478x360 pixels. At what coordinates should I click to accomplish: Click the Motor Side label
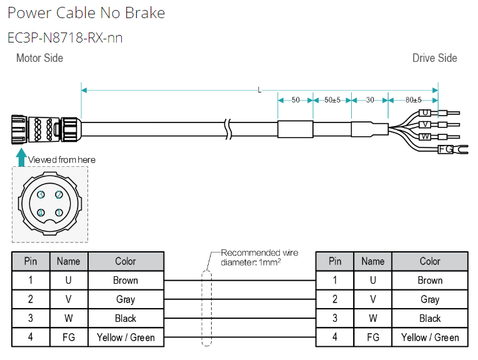(39, 58)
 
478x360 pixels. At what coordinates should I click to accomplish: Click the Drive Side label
(434, 58)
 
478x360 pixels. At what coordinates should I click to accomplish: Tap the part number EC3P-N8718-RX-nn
(65, 37)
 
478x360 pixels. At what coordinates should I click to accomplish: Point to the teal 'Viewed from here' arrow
(21, 157)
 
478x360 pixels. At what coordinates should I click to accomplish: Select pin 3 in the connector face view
(41, 194)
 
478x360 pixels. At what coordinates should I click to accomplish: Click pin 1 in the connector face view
(59, 212)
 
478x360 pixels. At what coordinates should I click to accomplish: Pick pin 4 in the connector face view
(41, 212)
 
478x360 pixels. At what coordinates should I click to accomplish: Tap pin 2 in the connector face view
(59, 194)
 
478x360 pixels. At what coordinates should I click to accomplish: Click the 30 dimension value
(370, 100)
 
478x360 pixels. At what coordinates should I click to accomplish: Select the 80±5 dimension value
(414, 100)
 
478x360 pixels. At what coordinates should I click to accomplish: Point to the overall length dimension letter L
(259, 90)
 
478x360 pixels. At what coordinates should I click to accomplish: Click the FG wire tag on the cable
(446, 149)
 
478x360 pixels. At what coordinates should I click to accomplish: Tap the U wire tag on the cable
(425, 112)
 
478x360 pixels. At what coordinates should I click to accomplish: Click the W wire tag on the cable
(425, 136)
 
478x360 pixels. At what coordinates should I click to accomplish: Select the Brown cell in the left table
(126, 281)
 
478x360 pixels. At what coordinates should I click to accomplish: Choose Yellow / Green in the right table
(430, 337)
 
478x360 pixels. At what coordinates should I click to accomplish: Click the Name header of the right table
(373, 261)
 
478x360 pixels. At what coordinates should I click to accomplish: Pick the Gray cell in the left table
(126, 299)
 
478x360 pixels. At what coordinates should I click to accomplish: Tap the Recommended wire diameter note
(259, 257)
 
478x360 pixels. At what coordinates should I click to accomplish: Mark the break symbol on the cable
(228, 129)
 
